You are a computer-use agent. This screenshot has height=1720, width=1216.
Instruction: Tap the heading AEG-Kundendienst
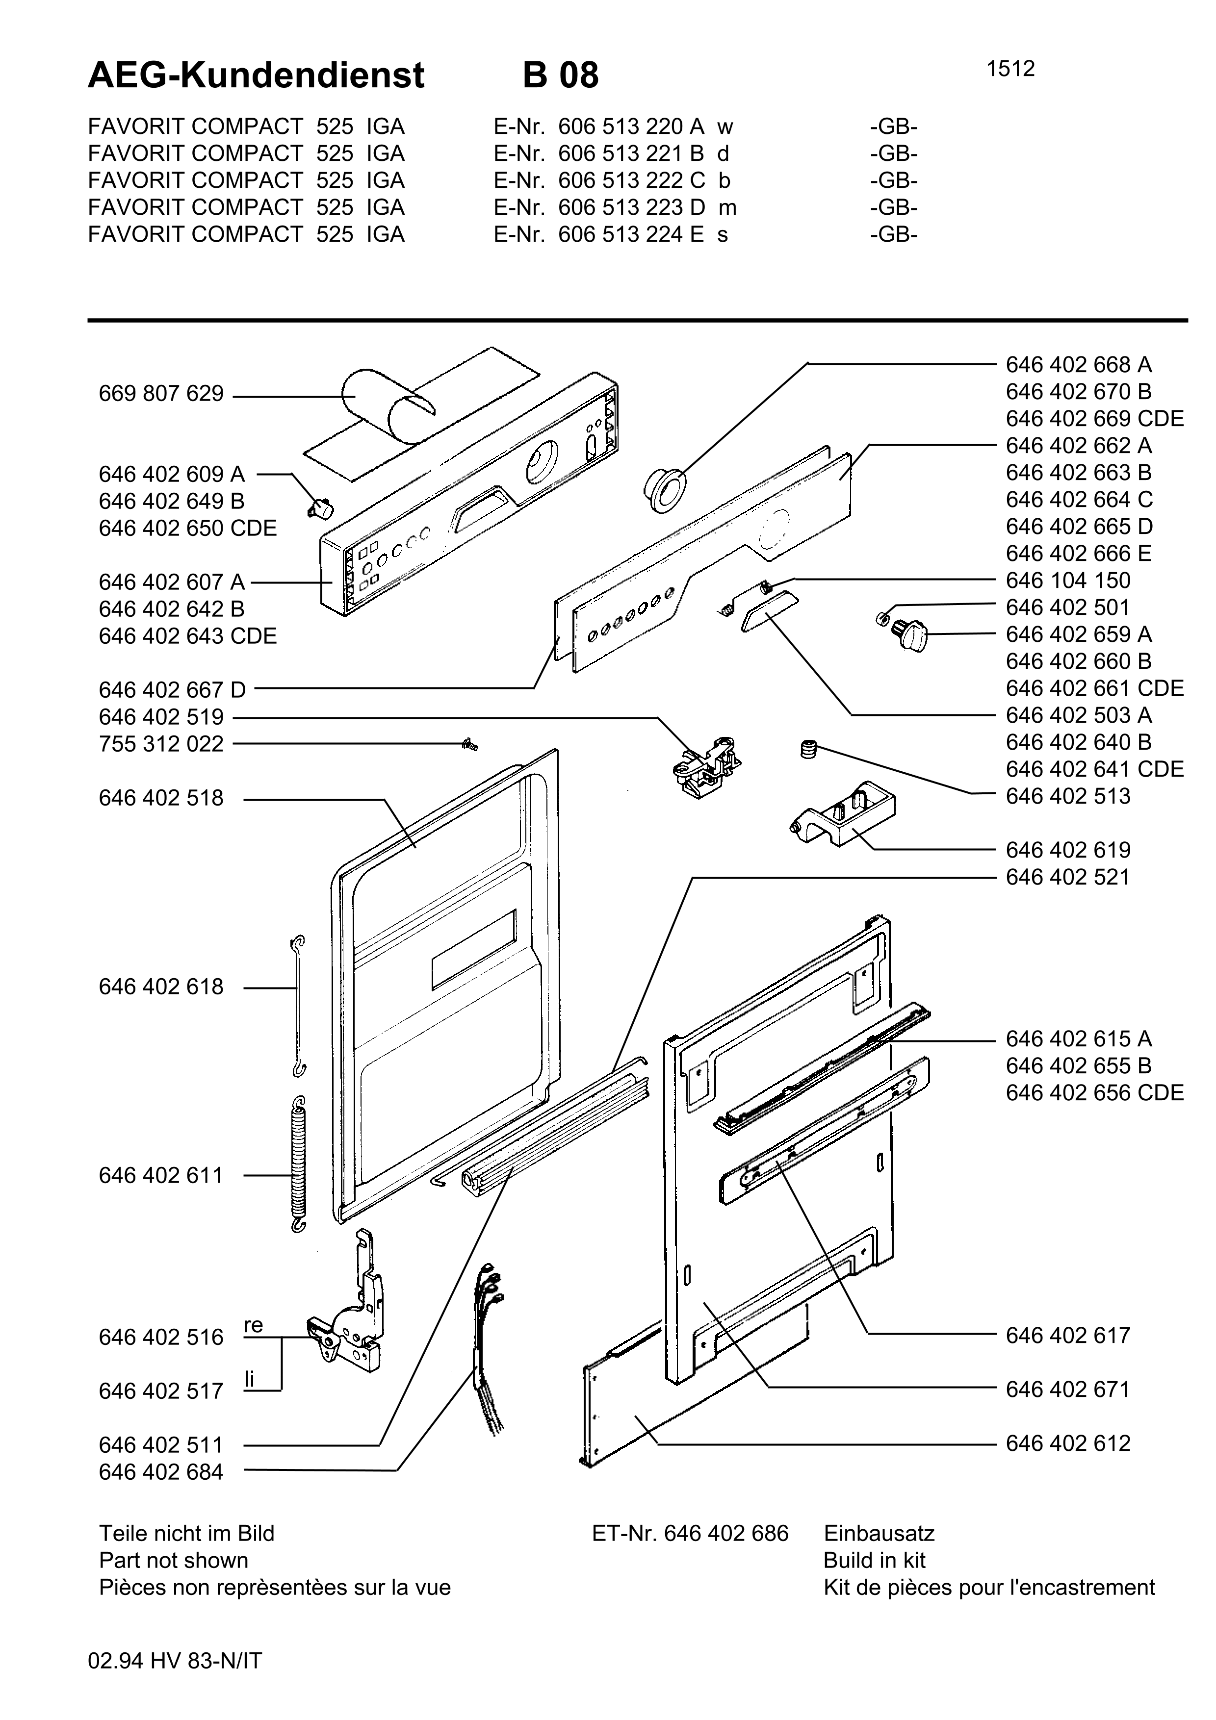256,76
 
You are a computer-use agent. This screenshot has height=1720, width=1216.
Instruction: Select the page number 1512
1010,69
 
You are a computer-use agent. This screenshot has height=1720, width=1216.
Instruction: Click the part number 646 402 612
1068,1443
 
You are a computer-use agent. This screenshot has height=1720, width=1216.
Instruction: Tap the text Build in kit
874,1561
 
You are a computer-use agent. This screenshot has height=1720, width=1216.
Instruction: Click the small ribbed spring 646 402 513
808,748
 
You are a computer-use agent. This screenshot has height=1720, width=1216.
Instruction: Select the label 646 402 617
1068,1336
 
